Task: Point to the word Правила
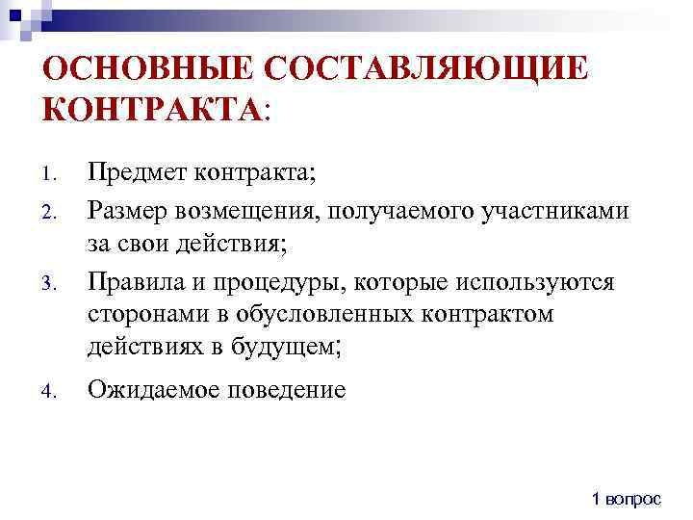[135, 281]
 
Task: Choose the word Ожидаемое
[148, 390]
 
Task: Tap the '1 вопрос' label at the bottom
[627, 498]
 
